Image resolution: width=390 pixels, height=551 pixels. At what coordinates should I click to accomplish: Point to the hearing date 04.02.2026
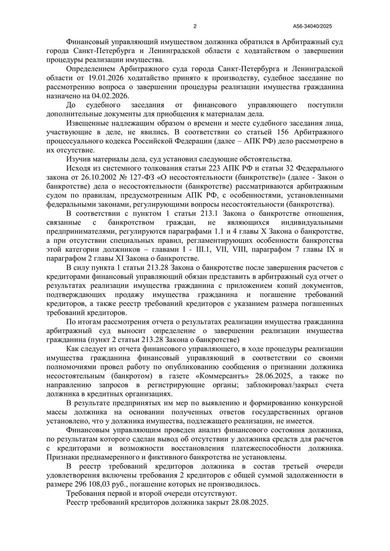click(x=110, y=96)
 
